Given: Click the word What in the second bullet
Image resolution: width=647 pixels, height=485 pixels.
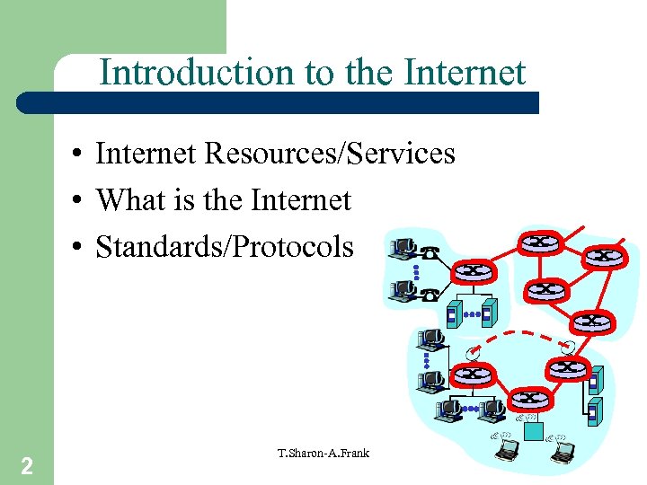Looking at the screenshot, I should tap(126, 199).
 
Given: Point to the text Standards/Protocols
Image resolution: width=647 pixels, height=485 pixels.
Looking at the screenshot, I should tap(225, 246).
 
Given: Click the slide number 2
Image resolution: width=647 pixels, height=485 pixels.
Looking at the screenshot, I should tap(27, 465).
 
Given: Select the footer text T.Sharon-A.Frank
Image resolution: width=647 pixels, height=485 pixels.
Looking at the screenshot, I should tap(324, 453).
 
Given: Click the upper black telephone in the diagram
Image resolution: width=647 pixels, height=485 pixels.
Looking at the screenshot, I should tap(430, 253).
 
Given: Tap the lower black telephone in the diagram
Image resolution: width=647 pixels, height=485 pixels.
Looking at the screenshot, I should tap(430, 293).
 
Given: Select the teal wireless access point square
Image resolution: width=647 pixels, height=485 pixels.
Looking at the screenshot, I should tap(534, 431).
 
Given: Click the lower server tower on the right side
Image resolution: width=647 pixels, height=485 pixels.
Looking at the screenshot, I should tap(593, 411).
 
